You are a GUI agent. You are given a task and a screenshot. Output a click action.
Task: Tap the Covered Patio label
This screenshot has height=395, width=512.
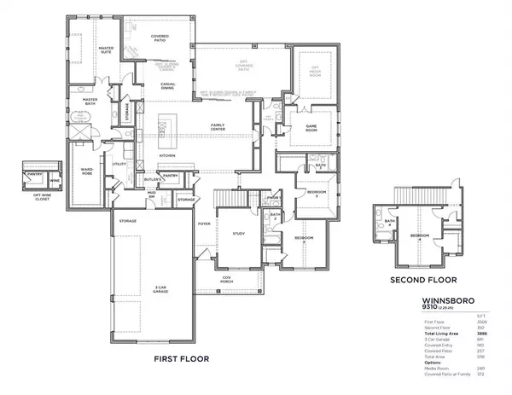[160, 38]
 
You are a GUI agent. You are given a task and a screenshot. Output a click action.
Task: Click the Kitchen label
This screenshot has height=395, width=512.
[167, 156]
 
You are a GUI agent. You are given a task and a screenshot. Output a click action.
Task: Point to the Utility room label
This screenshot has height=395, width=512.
[119, 165]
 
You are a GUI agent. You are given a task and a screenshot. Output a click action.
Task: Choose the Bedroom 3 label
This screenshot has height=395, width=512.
[317, 195]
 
